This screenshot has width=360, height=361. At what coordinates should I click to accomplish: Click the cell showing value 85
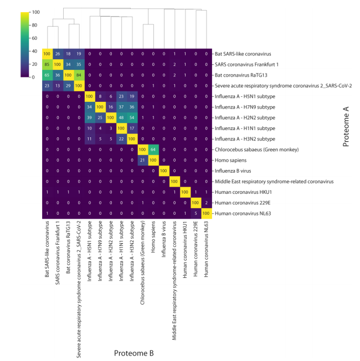tap(48, 64)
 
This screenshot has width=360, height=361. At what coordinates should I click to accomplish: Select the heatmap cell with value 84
tap(79, 75)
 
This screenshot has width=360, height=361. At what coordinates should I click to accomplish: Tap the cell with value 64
tap(152, 149)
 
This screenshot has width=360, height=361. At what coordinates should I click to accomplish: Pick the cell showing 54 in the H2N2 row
tap(131, 118)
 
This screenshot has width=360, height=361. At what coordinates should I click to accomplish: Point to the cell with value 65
tap(48, 75)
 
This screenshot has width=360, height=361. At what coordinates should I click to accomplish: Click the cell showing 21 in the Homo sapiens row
tap(142, 161)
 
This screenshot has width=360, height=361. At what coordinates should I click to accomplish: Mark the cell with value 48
tap(121, 118)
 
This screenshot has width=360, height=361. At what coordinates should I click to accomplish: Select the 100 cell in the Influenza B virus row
tap(163, 171)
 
